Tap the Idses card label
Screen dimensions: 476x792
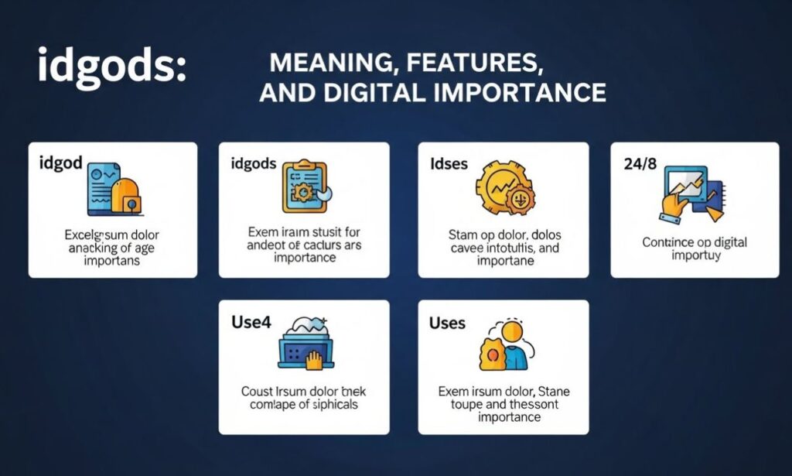[x=449, y=165]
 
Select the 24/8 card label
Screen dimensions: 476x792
[x=641, y=164]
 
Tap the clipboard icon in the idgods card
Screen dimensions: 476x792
[x=306, y=187]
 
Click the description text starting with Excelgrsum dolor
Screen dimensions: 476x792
[x=113, y=247]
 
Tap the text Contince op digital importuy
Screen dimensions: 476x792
[x=695, y=248]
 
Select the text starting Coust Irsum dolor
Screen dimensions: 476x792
[x=304, y=396]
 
